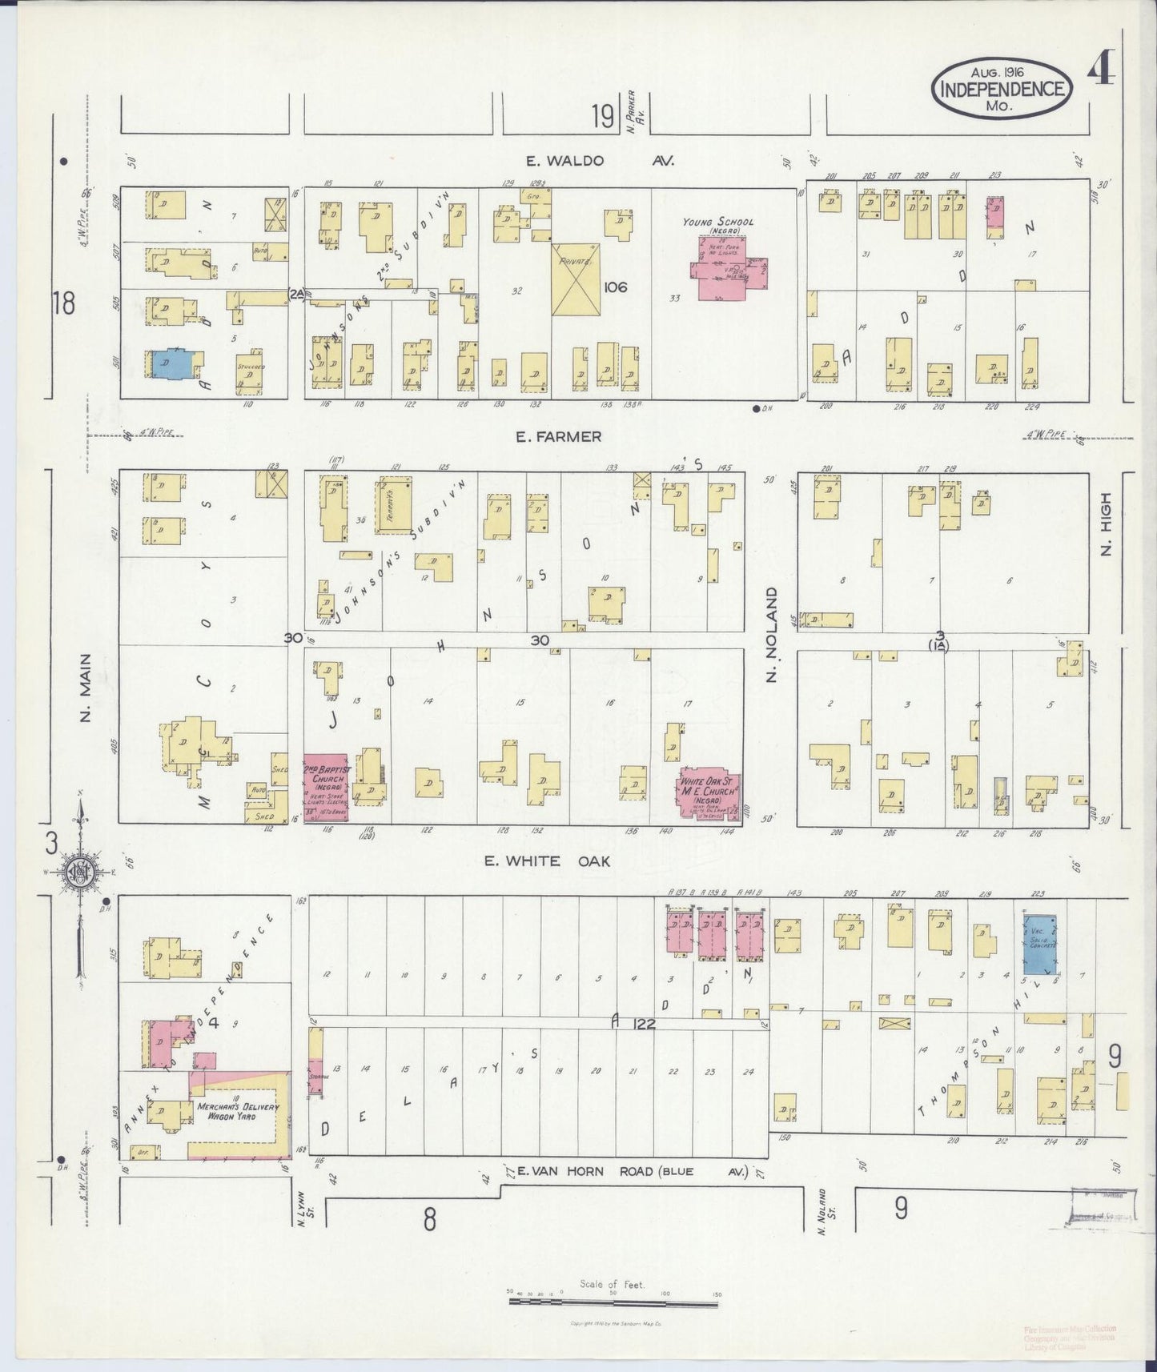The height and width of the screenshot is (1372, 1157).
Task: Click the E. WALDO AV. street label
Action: pos(600,161)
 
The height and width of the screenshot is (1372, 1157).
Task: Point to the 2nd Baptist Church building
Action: pos(324,788)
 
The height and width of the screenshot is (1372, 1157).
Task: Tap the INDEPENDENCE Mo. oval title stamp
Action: pos(1001,89)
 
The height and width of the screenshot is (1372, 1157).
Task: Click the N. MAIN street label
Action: pos(86,687)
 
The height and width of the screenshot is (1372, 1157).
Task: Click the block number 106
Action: pos(616,287)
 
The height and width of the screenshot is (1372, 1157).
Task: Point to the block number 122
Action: pos(642,1023)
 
